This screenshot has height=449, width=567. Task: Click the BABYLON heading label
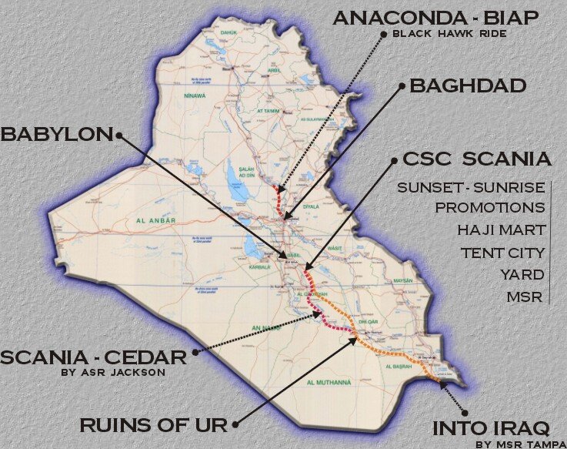[x=56, y=134]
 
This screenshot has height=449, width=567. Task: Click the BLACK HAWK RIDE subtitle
[x=444, y=34]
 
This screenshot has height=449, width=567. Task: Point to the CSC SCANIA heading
[x=476, y=159]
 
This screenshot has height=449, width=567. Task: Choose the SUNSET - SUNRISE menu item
[x=471, y=187]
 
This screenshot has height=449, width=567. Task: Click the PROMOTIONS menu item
[x=489, y=208]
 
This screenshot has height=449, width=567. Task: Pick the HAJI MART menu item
[x=501, y=230]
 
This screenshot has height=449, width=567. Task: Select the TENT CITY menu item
[x=502, y=253]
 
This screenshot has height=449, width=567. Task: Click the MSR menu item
[x=528, y=297]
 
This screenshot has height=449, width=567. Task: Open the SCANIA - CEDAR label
[x=93, y=357]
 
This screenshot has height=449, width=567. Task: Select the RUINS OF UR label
[x=153, y=424]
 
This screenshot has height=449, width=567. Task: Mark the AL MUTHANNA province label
[x=329, y=382]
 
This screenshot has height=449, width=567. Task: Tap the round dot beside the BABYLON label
[x=119, y=135]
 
